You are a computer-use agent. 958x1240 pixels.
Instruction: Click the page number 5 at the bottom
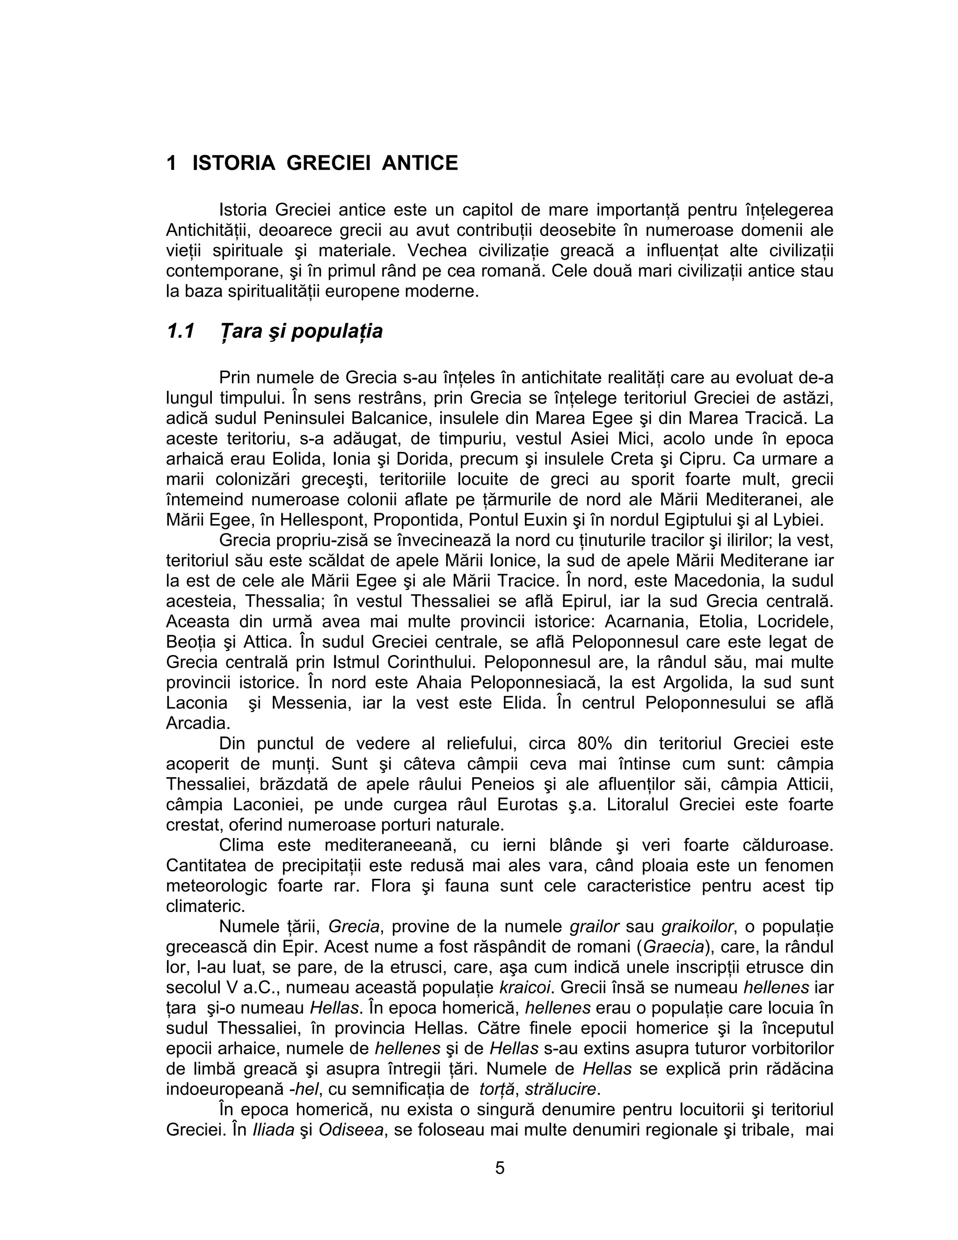(x=500, y=1168)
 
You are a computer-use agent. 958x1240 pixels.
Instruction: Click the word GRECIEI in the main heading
(x=328, y=163)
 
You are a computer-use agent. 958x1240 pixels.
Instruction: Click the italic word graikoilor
(x=698, y=926)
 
